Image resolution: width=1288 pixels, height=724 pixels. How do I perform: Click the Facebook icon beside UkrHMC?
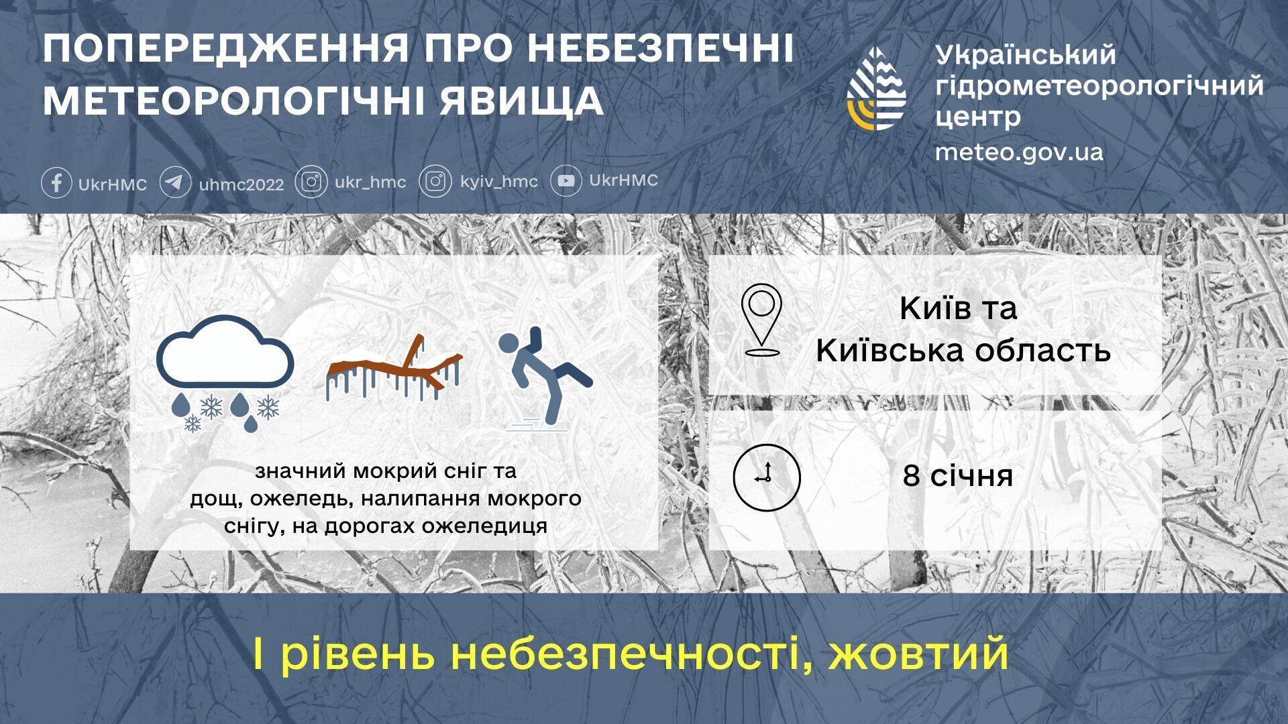pyautogui.click(x=57, y=182)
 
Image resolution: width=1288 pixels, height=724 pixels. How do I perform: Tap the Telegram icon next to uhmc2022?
pyautogui.click(x=175, y=182)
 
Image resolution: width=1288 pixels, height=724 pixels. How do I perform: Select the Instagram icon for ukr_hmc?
pyautogui.click(x=311, y=182)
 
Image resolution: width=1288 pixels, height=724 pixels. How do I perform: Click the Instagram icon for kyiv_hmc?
pyautogui.click(x=435, y=182)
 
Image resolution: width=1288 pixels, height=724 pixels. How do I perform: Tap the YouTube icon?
pyautogui.click(x=566, y=181)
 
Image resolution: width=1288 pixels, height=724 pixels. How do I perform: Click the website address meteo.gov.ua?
pyautogui.click(x=1019, y=152)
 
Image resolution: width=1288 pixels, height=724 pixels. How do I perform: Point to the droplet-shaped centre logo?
pyautogui.click(x=877, y=88)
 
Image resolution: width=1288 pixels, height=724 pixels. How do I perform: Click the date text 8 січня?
pyautogui.click(x=957, y=476)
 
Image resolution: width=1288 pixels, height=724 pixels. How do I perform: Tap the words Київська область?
pyautogui.click(x=963, y=351)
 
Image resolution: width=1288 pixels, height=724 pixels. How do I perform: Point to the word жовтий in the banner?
pyautogui.click(x=918, y=654)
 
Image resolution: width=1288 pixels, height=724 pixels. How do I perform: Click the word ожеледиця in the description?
pyautogui.click(x=484, y=526)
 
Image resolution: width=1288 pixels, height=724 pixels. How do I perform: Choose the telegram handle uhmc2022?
pyautogui.click(x=241, y=184)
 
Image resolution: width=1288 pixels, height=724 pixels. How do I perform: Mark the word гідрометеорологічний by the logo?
pyautogui.click(x=1099, y=85)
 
